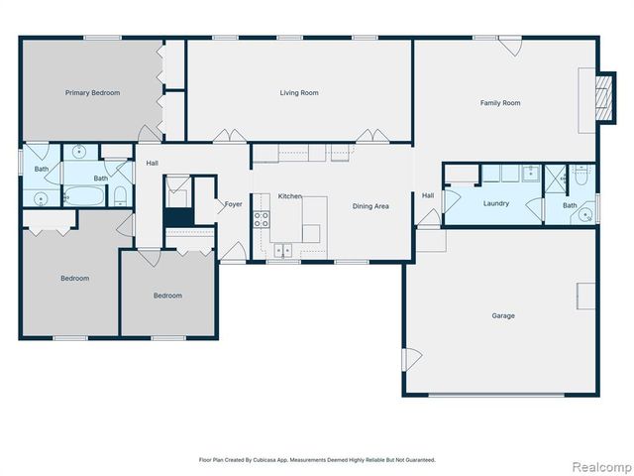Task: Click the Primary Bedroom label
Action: coord(92,92)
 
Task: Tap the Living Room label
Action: coord(299,92)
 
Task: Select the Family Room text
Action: coord(500,103)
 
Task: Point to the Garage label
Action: coord(503,315)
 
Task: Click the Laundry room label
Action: coord(496,203)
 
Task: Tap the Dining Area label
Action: coord(370,206)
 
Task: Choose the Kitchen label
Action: coord(290,196)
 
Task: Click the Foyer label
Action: coord(234,204)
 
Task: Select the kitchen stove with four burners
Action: coord(262,219)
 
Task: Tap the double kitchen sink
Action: coord(283,250)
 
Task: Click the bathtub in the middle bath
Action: coord(84,196)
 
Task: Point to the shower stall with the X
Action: coord(555,174)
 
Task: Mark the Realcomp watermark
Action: coord(602,467)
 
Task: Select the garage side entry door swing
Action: coord(412,359)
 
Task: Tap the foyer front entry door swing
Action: coord(233,252)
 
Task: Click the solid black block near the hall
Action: coord(178,217)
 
